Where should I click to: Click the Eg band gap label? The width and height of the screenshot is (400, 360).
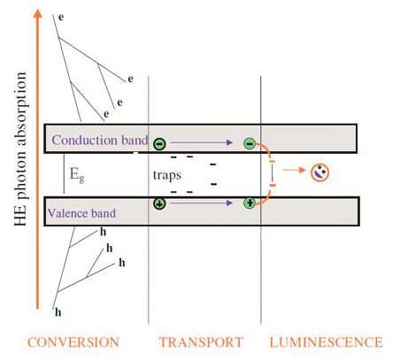click(78, 175)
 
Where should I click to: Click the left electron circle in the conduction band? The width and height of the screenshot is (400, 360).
click(158, 142)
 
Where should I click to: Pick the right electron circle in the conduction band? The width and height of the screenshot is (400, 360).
click(250, 142)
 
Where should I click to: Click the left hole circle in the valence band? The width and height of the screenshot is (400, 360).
click(159, 203)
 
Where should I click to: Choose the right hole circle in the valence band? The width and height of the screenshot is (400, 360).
click(250, 203)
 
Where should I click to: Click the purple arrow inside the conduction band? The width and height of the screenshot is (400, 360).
click(203, 141)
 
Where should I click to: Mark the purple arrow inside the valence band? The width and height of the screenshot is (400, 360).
click(203, 203)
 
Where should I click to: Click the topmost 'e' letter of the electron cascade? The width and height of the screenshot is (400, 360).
click(60, 17)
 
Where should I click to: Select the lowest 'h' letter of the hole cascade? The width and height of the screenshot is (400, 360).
click(58, 311)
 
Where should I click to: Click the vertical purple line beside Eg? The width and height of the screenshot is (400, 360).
click(64, 174)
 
